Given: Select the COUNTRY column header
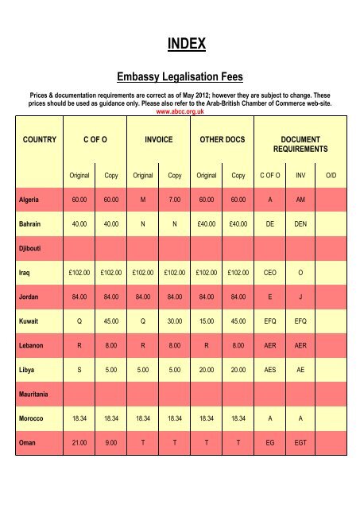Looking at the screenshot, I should click(39, 138).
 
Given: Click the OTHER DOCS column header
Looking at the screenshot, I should click(222, 138).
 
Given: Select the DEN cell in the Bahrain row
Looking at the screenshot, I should click(300, 225).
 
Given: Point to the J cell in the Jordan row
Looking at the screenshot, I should click(300, 298).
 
